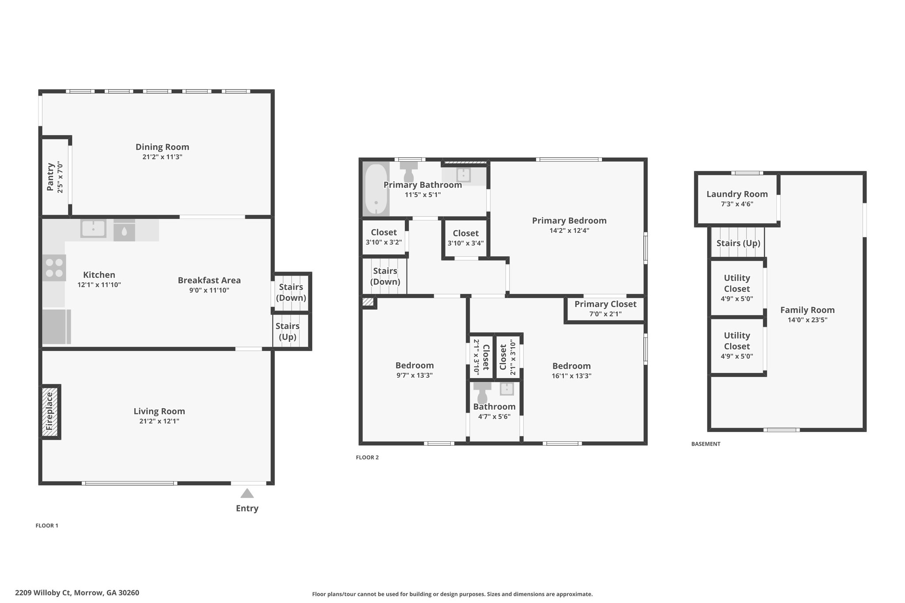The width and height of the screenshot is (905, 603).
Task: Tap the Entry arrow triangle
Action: tap(247, 493)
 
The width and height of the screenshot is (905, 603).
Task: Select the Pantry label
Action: tap(50, 177)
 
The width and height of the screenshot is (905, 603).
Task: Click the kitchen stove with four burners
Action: tap(54, 268)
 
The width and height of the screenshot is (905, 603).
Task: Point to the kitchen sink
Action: tap(93, 229)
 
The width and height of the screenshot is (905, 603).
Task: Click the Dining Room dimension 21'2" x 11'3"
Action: tap(162, 157)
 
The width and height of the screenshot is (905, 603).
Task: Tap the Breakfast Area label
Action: tap(209, 280)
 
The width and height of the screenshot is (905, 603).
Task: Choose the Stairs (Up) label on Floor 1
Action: tap(288, 331)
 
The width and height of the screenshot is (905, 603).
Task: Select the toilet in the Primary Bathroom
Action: tap(409, 171)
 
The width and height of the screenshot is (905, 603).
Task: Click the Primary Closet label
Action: tap(605, 304)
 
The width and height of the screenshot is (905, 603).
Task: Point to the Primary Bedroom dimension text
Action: tap(569, 230)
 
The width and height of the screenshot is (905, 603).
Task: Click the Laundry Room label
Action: tap(737, 194)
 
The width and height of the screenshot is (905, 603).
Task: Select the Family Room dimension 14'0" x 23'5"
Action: tap(807, 320)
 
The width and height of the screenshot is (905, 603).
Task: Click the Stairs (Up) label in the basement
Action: tap(738, 243)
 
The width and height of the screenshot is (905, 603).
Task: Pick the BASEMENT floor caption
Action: tap(706, 444)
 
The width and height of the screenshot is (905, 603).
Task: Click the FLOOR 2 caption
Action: tap(367, 457)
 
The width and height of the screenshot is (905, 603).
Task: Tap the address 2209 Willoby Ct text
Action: tap(43, 593)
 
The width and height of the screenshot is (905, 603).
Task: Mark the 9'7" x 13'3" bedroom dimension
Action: tap(414, 375)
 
